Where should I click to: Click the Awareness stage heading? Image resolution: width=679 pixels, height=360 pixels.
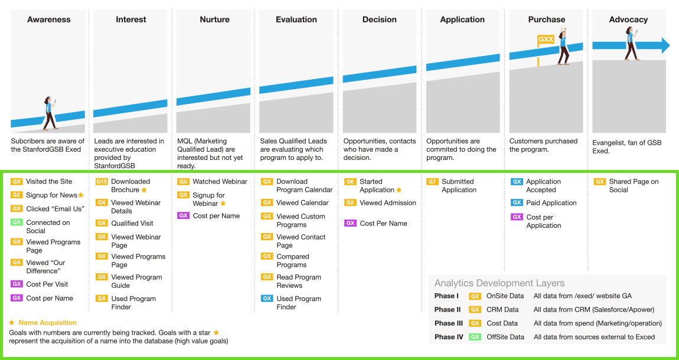(x=48, y=19)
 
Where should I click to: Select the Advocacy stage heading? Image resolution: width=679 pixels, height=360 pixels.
(x=628, y=19)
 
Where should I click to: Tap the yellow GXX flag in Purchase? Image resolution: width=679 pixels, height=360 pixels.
(x=546, y=40)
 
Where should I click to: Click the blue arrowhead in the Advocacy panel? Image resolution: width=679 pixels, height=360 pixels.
(x=665, y=45)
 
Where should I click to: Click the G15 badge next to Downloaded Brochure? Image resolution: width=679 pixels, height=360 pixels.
(x=102, y=182)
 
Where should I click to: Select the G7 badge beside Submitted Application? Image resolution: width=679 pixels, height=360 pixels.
(x=432, y=182)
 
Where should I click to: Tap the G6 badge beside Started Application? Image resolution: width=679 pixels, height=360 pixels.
(x=350, y=182)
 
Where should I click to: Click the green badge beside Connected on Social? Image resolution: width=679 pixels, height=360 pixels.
(x=17, y=222)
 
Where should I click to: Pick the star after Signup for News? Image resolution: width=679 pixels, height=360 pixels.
(x=81, y=195)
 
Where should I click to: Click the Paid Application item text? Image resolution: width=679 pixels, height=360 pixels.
(x=551, y=203)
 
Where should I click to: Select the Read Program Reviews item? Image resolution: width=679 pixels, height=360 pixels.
(x=299, y=282)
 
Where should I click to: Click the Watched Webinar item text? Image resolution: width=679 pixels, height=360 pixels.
(x=220, y=182)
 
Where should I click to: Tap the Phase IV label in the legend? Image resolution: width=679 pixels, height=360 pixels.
(x=449, y=337)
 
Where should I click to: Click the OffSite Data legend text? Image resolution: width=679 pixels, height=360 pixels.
(x=505, y=337)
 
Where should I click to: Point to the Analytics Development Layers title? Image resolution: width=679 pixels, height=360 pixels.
(x=500, y=283)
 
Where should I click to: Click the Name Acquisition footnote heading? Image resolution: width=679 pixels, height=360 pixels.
(x=47, y=323)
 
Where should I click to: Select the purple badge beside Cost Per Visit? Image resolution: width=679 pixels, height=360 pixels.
(x=17, y=284)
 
